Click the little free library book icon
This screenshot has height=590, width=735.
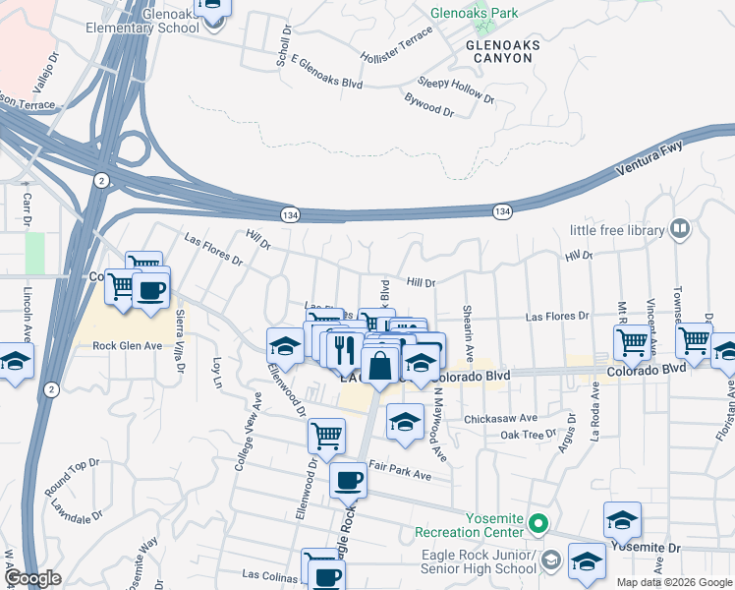pos(679,230)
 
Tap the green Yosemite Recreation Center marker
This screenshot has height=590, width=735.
pos(537,523)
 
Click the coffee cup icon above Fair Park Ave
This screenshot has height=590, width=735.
pos(348,481)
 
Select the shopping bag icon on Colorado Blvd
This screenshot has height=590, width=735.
pos(379,367)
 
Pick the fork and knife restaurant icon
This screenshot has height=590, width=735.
pos(343,349)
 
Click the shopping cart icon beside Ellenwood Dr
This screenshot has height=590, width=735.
pos(326,435)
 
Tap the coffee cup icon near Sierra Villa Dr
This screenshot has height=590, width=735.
pos(151,291)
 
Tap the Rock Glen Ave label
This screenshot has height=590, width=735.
pos(127,346)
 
